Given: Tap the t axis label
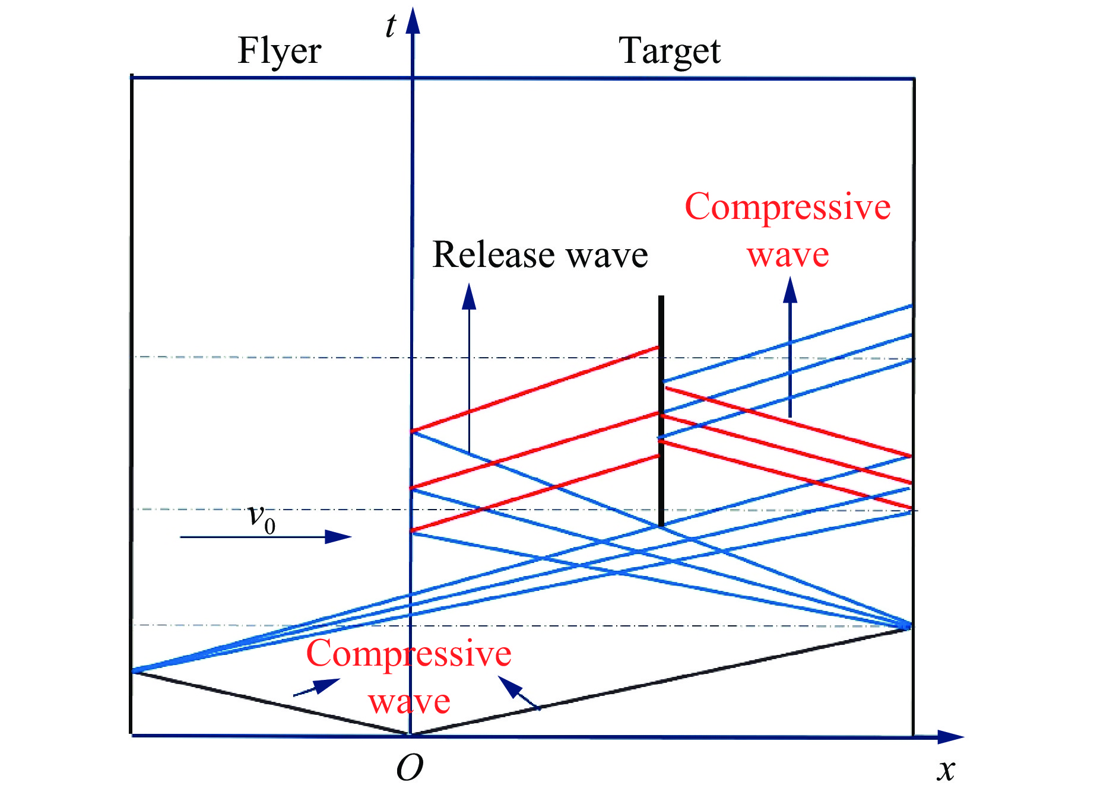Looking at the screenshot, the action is click(390, 26).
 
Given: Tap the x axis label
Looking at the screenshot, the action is click(946, 770).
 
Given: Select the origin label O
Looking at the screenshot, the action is click(410, 769).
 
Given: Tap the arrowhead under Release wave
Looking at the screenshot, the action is click(469, 296).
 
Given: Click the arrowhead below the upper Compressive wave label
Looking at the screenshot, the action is click(790, 290).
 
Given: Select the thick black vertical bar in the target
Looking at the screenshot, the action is click(661, 411).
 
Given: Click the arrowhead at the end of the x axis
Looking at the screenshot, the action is click(951, 737).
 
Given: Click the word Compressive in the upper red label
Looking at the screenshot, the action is click(788, 208).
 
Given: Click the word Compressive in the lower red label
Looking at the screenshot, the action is click(408, 654).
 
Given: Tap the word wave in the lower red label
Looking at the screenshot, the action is click(409, 702).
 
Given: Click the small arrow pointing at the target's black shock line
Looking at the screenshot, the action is click(519, 692).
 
